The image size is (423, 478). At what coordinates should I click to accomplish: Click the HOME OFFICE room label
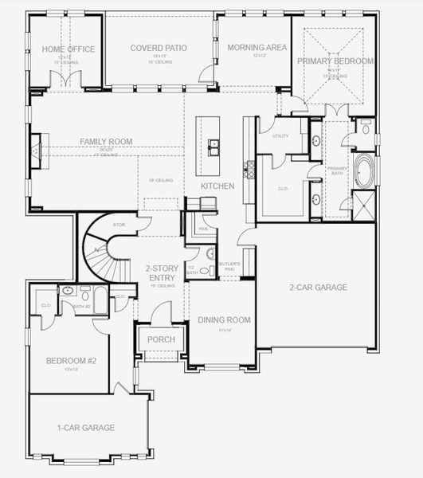click(x=69, y=49)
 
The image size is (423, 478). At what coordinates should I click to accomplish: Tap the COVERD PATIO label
click(x=159, y=49)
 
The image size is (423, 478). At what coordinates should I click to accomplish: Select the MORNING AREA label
click(x=257, y=49)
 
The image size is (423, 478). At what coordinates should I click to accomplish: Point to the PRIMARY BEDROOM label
click(x=335, y=61)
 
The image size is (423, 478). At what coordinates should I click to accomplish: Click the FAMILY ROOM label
click(x=106, y=142)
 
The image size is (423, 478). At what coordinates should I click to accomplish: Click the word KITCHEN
click(x=217, y=186)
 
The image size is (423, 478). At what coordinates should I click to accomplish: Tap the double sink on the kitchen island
click(x=214, y=146)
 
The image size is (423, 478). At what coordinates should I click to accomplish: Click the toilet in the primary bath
click(x=365, y=127)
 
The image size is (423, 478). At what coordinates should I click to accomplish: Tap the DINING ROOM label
click(x=224, y=320)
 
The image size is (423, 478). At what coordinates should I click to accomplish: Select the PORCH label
click(x=162, y=339)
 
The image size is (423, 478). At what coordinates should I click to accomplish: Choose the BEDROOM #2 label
click(x=71, y=361)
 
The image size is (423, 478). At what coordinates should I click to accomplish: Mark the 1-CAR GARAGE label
click(x=87, y=428)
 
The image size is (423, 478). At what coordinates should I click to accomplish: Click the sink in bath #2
click(x=66, y=292)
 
